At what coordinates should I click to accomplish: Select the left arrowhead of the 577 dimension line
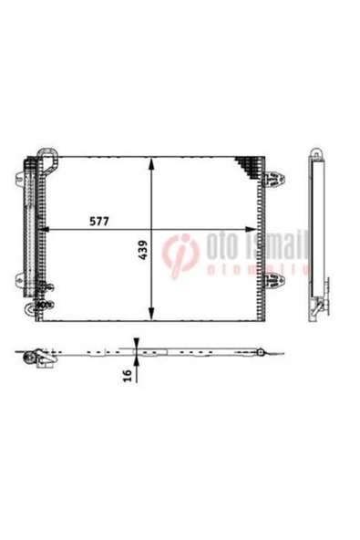pos(47,230)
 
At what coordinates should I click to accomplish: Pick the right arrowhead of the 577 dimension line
pos(254,230)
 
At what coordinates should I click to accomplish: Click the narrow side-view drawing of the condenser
pos(317,233)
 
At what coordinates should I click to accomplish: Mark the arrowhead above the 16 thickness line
pos(136,344)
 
